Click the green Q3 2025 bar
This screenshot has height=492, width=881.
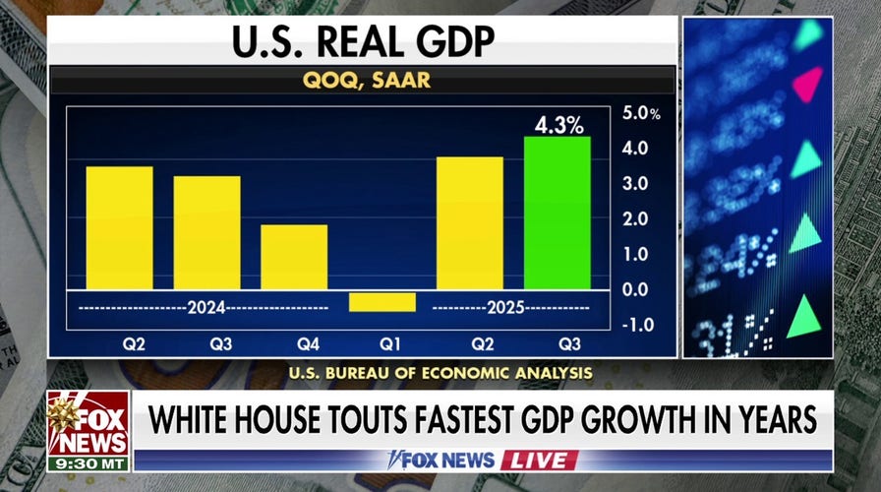pyautogui.click(x=557, y=213)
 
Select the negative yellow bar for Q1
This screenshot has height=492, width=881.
pyautogui.click(x=382, y=301)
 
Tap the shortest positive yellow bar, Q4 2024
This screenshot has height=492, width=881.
pyautogui.click(x=294, y=257)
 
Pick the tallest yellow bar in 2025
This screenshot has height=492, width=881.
pyautogui.click(x=469, y=222)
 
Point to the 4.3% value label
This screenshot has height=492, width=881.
pyautogui.click(x=558, y=125)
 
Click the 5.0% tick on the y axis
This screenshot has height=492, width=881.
pyautogui.click(x=641, y=113)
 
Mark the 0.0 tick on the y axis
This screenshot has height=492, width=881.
pyautogui.click(x=634, y=289)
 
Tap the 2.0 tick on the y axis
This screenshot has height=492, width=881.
pyautogui.click(x=634, y=218)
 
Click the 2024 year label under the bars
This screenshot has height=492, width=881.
pyautogui.click(x=206, y=308)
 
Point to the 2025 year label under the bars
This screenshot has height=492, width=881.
pyautogui.click(x=503, y=308)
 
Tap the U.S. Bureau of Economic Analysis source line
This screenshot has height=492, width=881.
pyautogui.click(x=440, y=373)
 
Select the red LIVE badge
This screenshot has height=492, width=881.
pyautogui.click(x=539, y=460)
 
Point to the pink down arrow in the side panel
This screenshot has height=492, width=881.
pyautogui.click(x=807, y=85)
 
